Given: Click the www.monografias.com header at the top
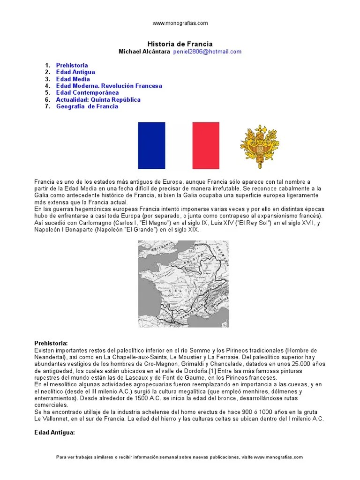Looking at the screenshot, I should click(x=180, y=22).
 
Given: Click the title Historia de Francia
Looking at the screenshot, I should click(x=180, y=44).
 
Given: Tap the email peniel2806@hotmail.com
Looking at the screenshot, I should click(x=207, y=52).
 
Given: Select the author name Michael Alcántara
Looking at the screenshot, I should click(x=144, y=52).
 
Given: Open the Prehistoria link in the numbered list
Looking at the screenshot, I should click(x=72, y=65).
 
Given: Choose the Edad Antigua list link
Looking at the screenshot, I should click(x=75, y=72).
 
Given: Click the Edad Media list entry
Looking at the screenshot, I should click(x=73, y=79).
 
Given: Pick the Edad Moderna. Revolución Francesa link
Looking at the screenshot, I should click(x=109, y=86).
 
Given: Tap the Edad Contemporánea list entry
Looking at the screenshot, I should click(x=87, y=93).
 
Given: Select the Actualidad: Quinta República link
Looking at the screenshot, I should click(x=98, y=99).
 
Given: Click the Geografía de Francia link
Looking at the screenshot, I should click(x=87, y=106).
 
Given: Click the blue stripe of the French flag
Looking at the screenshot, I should click(x=151, y=145).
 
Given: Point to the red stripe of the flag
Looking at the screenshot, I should click(x=206, y=145).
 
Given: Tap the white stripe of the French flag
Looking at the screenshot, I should click(x=179, y=145).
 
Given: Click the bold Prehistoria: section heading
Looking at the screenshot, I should click(x=51, y=343).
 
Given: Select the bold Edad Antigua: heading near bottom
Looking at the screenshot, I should click(x=54, y=432).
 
